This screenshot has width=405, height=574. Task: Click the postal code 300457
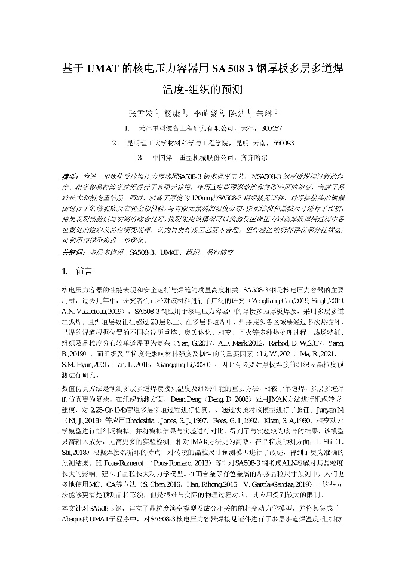(x=272, y=128)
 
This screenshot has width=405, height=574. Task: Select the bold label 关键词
(x=72, y=253)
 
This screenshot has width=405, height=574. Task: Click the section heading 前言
(x=84, y=271)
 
